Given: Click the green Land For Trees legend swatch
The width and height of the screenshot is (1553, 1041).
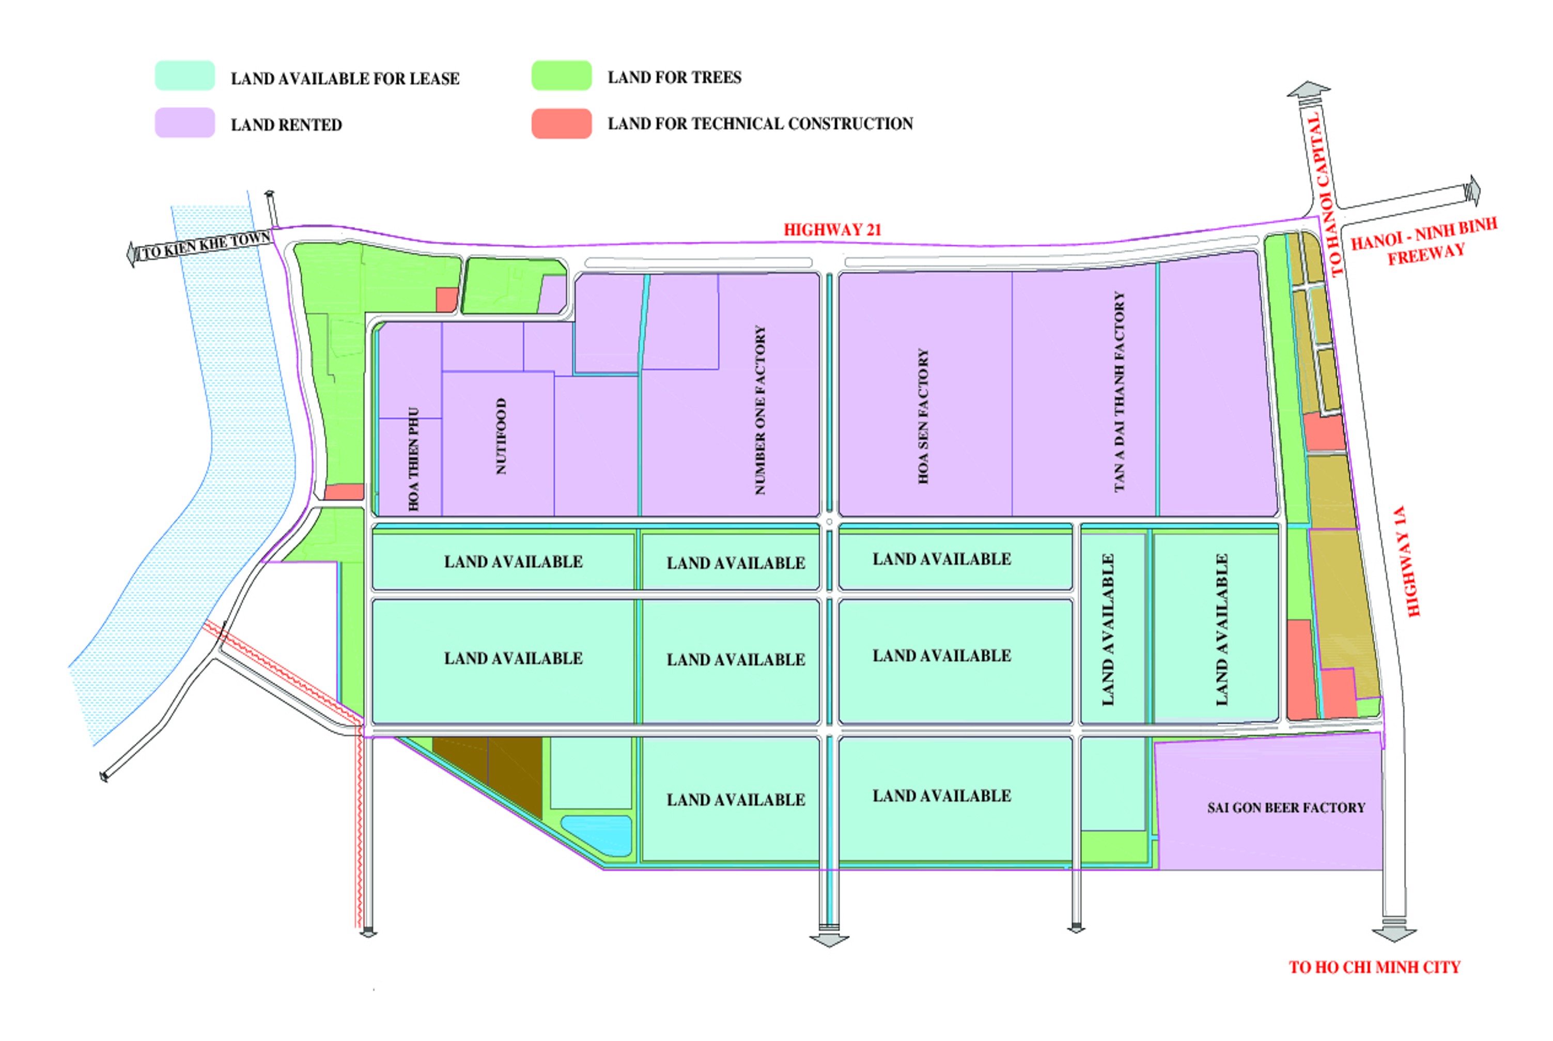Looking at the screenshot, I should (x=561, y=75).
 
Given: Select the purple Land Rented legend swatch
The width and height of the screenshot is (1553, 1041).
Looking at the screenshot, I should (x=184, y=123).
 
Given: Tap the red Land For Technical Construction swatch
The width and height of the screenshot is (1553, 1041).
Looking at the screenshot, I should (x=561, y=123).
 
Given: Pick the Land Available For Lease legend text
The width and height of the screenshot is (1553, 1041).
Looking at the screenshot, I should (x=345, y=79).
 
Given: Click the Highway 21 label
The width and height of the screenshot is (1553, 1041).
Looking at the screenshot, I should (x=832, y=230).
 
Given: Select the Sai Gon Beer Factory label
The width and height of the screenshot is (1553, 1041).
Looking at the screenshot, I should (x=1285, y=808).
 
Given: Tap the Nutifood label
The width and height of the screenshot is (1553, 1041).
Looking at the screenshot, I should (x=501, y=436).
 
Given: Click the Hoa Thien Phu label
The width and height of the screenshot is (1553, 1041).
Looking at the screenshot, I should (x=414, y=459).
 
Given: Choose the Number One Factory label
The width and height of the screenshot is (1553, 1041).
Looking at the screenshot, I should (x=760, y=410).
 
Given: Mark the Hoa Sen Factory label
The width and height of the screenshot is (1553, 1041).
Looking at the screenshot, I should (x=923, y=416).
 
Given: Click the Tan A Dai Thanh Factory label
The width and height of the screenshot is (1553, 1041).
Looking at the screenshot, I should (x=1120, y=392).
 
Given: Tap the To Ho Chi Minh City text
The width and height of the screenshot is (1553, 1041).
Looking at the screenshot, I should (x=1374, y=967).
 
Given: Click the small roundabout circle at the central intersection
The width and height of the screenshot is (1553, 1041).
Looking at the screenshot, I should (x=829, y=522).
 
